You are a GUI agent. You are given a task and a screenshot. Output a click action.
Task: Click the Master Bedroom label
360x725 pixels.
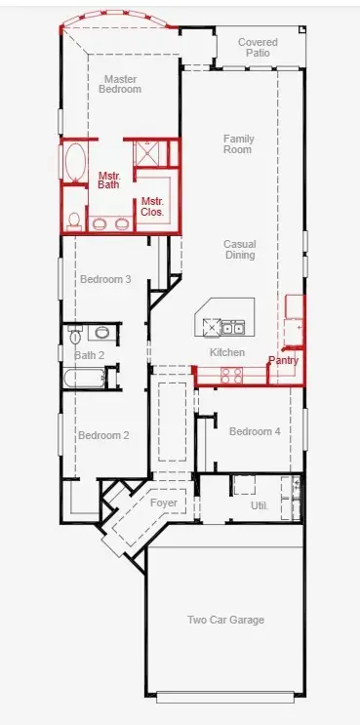click(120, 84)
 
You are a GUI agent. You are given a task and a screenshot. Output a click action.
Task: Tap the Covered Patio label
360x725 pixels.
click(258, 48)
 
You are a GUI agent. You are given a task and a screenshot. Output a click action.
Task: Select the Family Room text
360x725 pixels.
click(237, 144)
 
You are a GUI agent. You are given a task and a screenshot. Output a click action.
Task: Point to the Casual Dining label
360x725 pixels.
click(239, 250)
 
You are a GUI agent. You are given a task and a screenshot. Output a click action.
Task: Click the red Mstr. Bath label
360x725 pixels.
click(109, 181)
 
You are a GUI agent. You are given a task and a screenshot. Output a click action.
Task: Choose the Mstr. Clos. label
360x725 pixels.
click(152, 207)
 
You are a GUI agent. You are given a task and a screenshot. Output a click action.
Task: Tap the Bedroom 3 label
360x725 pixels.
click(105, 279)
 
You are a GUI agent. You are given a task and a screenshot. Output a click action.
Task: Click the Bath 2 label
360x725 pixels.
click(89, 354)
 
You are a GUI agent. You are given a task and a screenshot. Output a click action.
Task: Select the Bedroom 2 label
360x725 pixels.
click(103, 435)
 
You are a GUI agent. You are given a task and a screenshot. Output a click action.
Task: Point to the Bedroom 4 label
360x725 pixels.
click(255, 431)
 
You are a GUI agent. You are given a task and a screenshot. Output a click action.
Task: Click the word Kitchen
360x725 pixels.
click(227, 352)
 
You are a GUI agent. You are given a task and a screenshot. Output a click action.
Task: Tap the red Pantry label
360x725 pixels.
click(283, 360)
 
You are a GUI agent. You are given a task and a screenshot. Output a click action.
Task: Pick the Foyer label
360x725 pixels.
click(164, 503)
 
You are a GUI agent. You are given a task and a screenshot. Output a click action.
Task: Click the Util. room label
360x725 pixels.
click(259, 505)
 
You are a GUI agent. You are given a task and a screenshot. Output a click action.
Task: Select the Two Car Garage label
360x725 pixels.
click(225, 620)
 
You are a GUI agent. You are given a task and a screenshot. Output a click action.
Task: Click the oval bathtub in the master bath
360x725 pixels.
click(74, 163)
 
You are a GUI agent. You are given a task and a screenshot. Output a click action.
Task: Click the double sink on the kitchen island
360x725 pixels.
click(232, 328)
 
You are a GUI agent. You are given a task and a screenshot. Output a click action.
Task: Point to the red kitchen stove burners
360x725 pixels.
click(232, 373)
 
